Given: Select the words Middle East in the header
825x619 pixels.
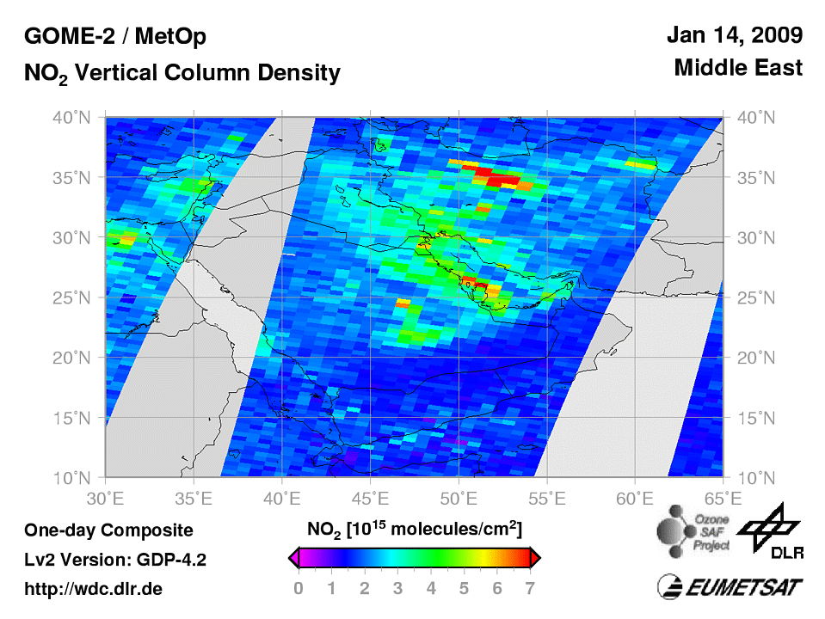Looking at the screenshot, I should [738, 68].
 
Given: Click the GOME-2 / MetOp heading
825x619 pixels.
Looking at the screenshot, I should [114, 37].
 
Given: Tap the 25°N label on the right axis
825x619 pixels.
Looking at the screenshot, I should [754, 297].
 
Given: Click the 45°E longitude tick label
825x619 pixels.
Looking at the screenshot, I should [371, 497].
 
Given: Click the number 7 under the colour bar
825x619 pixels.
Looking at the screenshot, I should [530, 589].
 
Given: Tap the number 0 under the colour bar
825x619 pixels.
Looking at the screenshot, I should [299, 589].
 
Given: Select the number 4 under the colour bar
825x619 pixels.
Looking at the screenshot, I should [431, 589].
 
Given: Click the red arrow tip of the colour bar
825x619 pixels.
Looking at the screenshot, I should [535, 559].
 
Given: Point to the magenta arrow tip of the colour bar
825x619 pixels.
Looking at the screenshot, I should [293, 559].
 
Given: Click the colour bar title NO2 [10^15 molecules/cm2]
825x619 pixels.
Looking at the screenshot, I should [414, 526].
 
